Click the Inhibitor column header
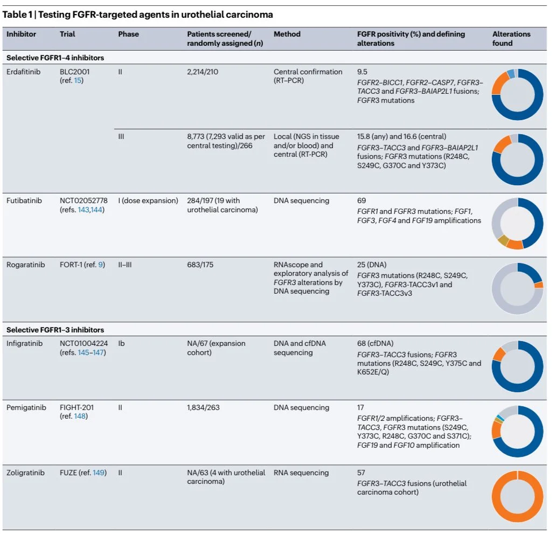[22, 34]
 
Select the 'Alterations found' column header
[511, 38]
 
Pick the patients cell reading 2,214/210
[205, 72]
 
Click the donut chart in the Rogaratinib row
[517, 288]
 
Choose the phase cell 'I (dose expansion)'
[148, 201]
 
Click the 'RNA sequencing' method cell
[301, 473]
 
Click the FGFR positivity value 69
[362, 201]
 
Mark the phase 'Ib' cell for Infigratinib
[121, 343]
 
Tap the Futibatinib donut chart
[517, 223]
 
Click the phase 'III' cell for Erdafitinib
[121, 137]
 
